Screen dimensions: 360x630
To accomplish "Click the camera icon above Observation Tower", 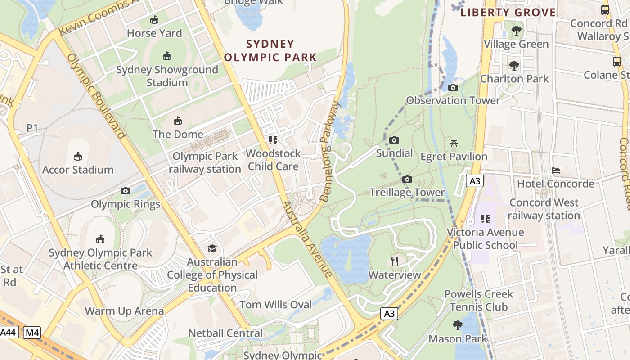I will [453, 88].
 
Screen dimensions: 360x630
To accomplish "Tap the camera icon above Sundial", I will [394, 140].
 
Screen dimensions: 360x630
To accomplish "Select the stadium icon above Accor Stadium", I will [78, 157].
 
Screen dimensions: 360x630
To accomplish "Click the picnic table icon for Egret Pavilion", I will [454, 144].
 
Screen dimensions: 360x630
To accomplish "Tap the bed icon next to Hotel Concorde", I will [556, 171].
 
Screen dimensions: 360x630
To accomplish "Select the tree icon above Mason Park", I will [458, 325].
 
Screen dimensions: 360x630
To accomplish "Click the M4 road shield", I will [32, 333].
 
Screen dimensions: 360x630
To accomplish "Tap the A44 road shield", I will [9, 333].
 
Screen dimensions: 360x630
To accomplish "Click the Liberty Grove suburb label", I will [508, 12].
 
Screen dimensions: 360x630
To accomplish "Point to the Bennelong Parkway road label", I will [330, 151].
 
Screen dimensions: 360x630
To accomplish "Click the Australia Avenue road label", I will [307, 239].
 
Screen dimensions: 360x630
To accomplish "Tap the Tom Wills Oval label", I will [275, 305].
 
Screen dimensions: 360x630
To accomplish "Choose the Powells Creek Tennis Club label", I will [479, 301].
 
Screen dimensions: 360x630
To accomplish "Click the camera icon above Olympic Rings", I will [126, 191].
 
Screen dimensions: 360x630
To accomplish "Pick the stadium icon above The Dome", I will [178, 121].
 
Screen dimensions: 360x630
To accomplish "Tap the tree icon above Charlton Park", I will [514, 66].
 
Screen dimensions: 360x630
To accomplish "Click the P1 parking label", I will [32, 128].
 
